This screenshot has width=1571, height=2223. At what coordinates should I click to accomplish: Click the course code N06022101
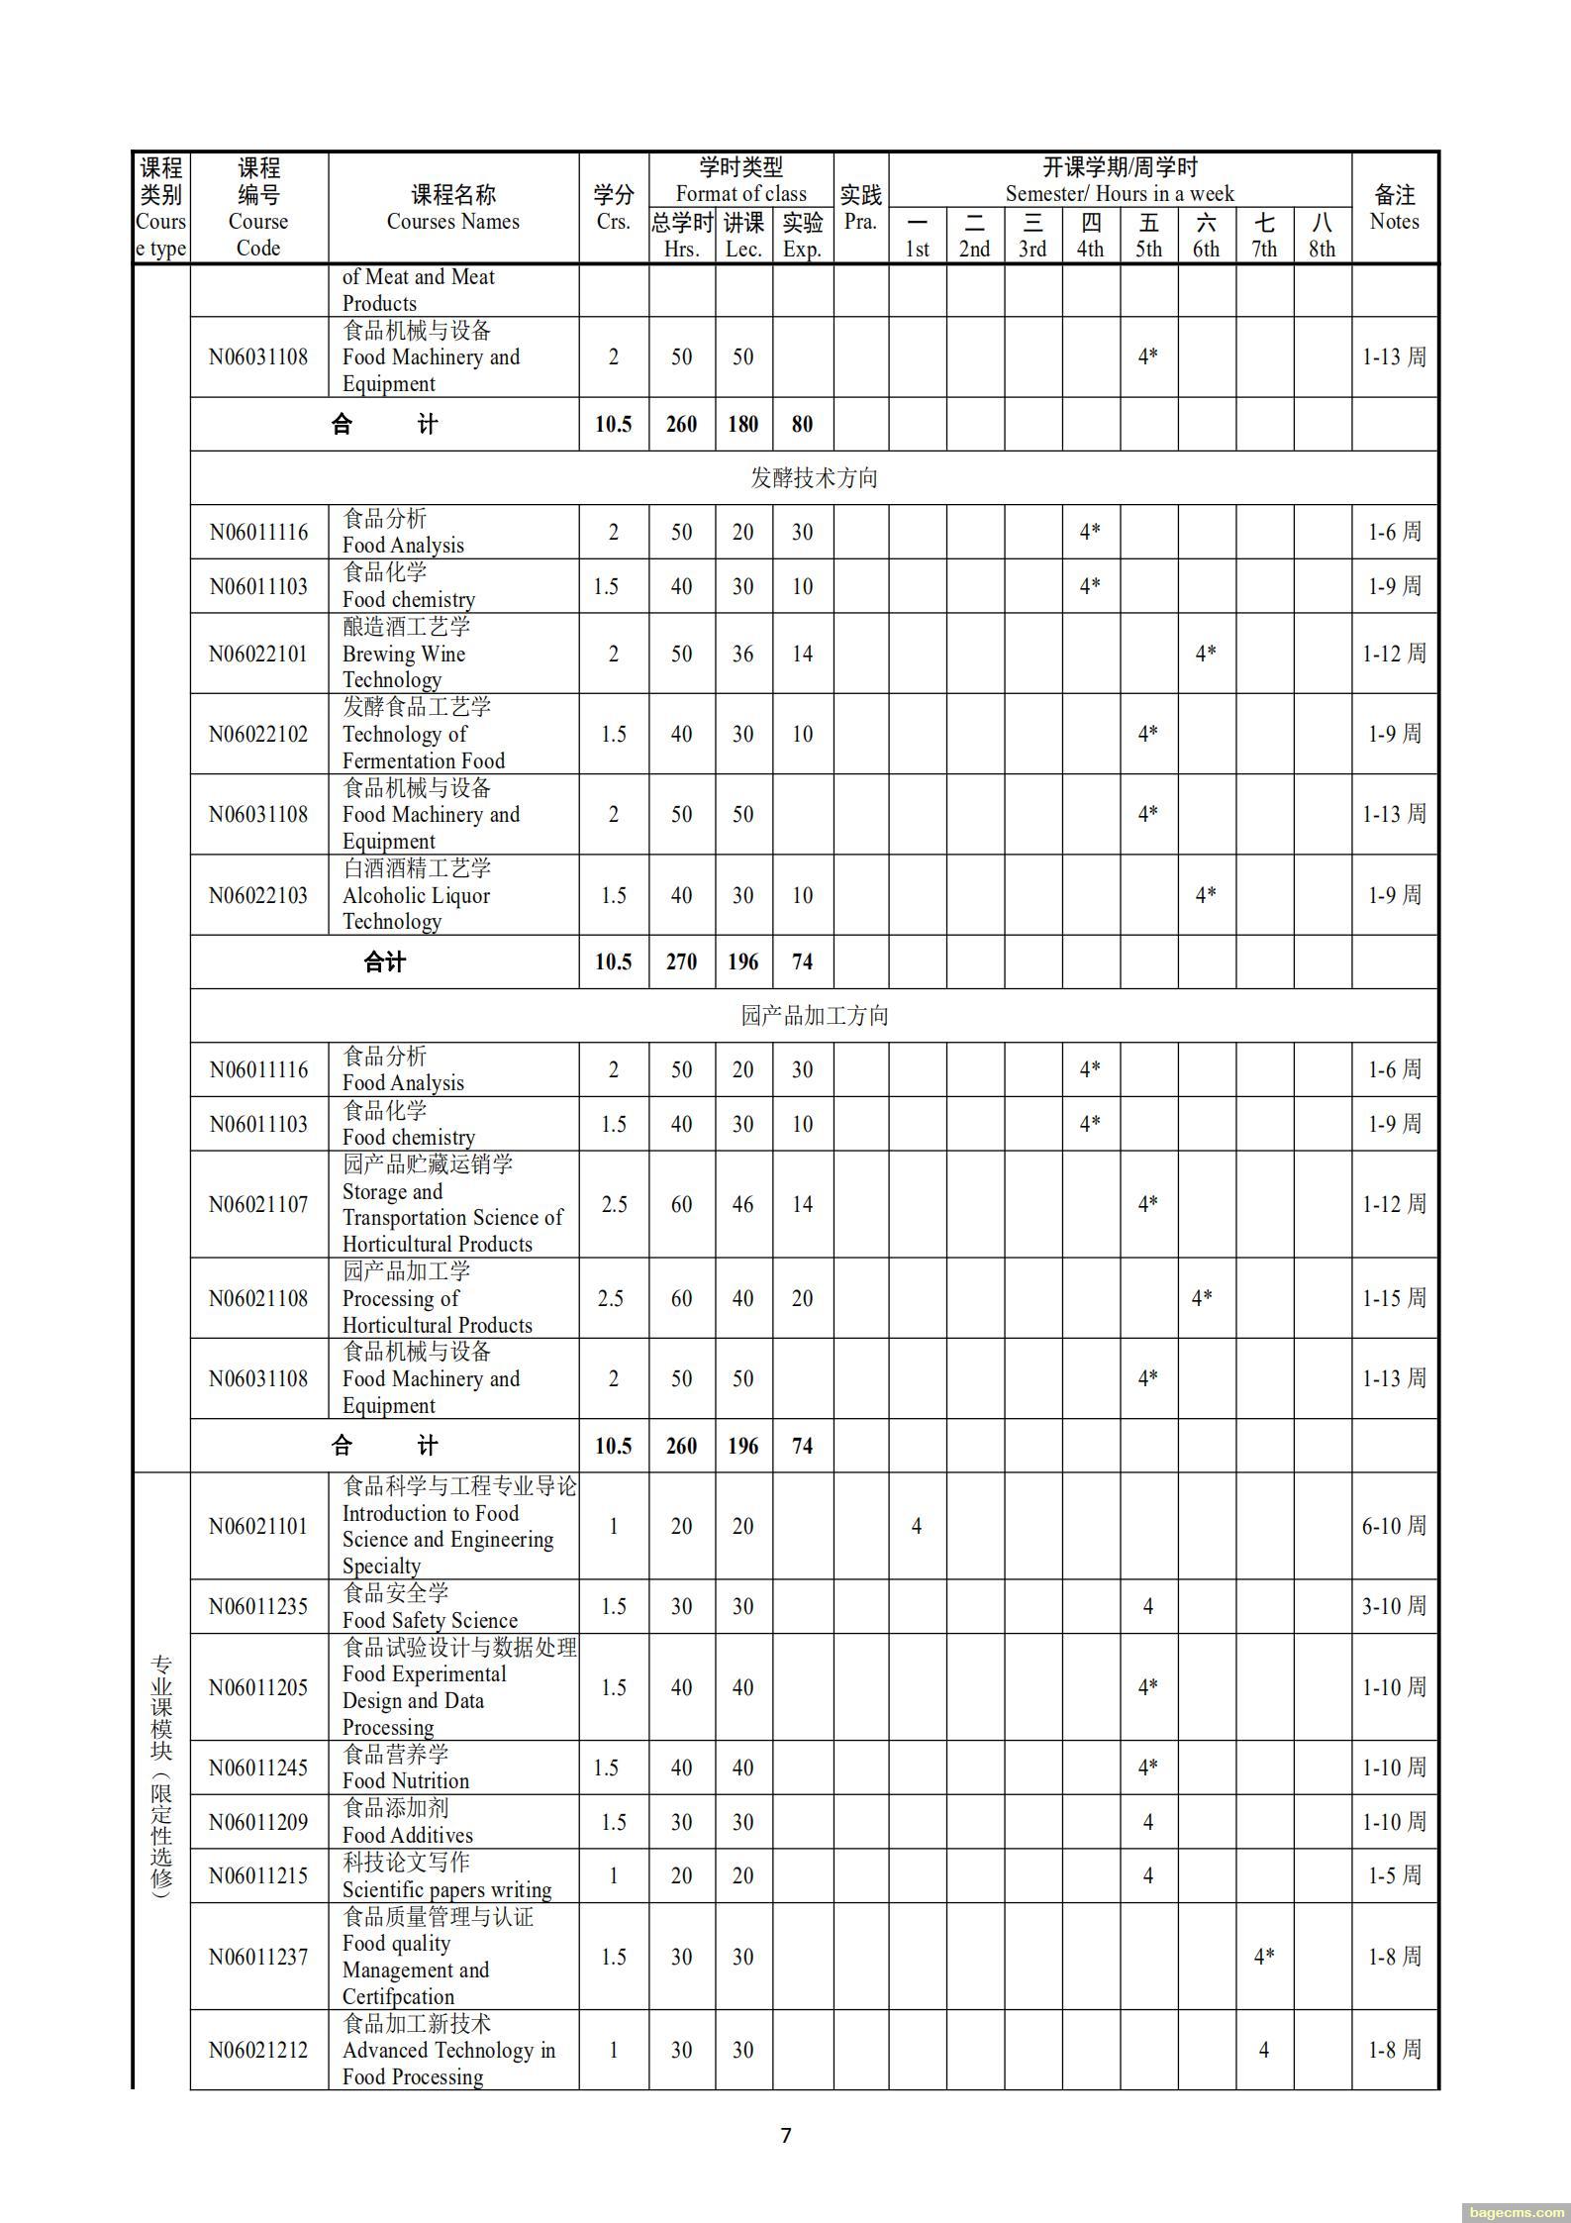(x=258, y=654)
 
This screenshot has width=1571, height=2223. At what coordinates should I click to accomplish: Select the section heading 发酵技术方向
(x=814, y=478)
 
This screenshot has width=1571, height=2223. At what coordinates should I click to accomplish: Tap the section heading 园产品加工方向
(x=814, y=1016)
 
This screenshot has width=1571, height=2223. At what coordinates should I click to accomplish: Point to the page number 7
(x=786, y=2135)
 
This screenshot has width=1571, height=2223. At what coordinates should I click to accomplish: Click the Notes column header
(x=1394, y=208)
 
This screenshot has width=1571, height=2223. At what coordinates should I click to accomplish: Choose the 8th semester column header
(x=1322, y=236)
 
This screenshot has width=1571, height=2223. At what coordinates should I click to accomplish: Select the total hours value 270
(x=681, y=961)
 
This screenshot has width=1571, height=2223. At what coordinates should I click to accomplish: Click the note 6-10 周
(x=1394, y=1526)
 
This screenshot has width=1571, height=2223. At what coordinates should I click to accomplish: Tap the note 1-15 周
(x=1394, y=1298)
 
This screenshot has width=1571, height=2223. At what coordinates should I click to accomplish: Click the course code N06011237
(x=258, y=1957)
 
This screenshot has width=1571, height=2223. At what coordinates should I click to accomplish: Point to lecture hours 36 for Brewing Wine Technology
(x=742, y=654)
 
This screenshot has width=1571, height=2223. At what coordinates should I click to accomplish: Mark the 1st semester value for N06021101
(x=917, y=1526)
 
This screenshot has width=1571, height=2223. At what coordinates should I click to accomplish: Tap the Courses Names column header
(x=453, y=208)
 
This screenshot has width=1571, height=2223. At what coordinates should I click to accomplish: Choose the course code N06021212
(x=258, y=2051)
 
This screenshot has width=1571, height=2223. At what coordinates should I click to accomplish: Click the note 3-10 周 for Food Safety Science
(x=1394, y=1606)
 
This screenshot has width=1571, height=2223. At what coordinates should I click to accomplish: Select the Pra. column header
(x=860, y=208)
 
